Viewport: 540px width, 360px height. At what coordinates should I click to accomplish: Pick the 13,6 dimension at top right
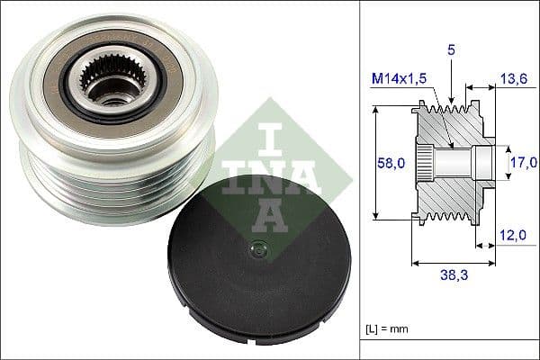[513, 78]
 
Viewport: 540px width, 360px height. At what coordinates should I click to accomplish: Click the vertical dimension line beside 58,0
[373, 162]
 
